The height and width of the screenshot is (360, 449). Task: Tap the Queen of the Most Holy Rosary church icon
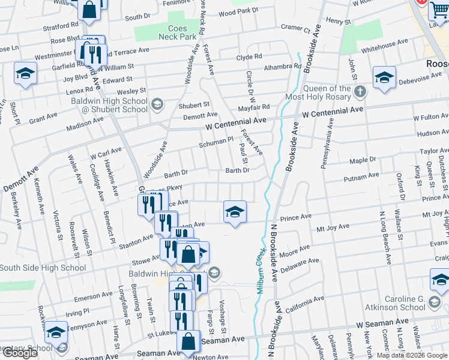(x=360, y=92)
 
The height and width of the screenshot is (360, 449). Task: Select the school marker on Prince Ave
(x=235, y=212)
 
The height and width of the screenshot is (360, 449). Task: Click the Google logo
(x=20, y=353)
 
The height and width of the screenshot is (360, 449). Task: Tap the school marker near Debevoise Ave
(x=384, y=78)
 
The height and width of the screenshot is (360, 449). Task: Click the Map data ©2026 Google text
(x=411, y=355)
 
